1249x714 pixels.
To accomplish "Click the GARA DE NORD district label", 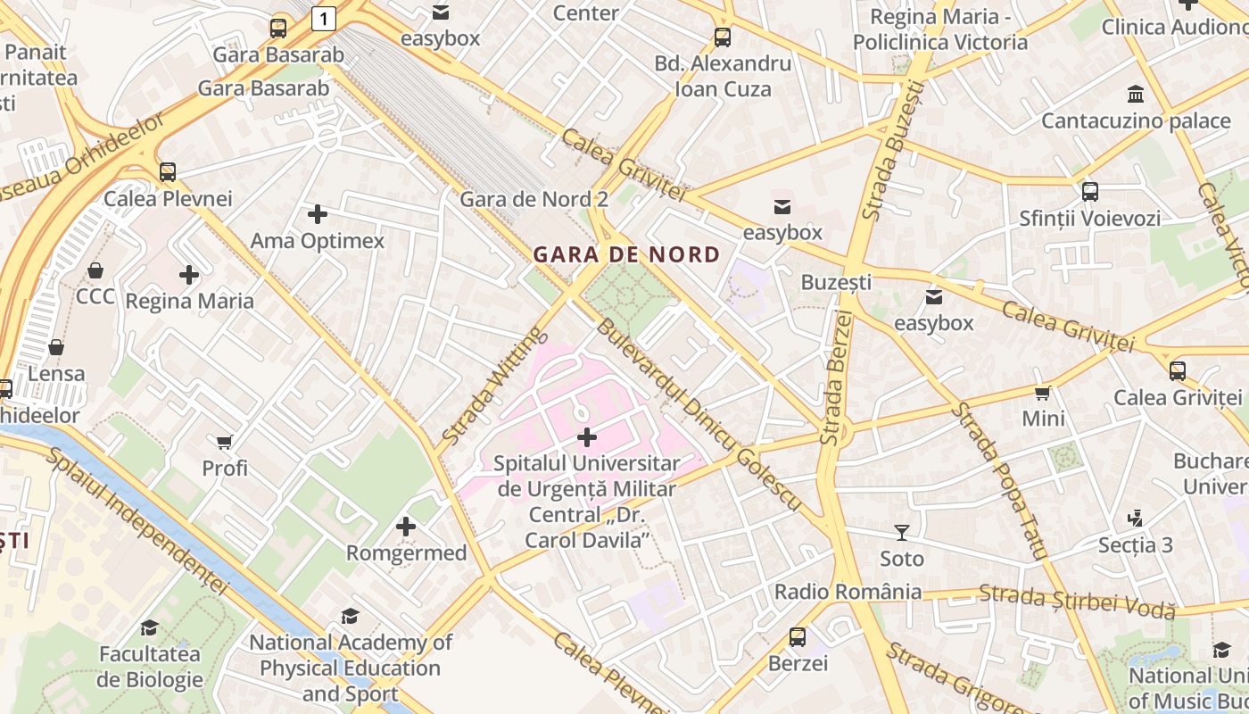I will pos(626,254).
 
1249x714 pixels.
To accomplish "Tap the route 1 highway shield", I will pos(323,17).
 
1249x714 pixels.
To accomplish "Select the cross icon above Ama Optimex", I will pos(317,214).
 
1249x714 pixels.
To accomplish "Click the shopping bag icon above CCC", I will pos(95,270).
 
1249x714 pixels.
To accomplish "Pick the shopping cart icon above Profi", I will pos(224,442).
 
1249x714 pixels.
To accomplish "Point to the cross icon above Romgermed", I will pos(406,527).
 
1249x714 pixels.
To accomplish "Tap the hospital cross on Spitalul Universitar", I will pos(587,437).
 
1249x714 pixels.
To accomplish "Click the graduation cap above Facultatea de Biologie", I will pos(149,627).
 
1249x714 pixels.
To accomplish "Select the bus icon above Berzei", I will pos(798,637).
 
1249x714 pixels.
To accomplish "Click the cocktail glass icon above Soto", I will pos(902,533).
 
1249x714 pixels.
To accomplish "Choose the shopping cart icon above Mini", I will pos(1042,393).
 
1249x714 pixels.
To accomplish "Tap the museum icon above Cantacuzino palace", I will pos(1136,94).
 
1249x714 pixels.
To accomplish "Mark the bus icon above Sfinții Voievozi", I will pos(1089,191).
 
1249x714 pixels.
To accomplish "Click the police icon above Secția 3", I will pos(1135,518).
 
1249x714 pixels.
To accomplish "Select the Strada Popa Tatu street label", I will pos(998,479).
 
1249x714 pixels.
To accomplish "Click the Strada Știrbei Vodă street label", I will pos(1077,601).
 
